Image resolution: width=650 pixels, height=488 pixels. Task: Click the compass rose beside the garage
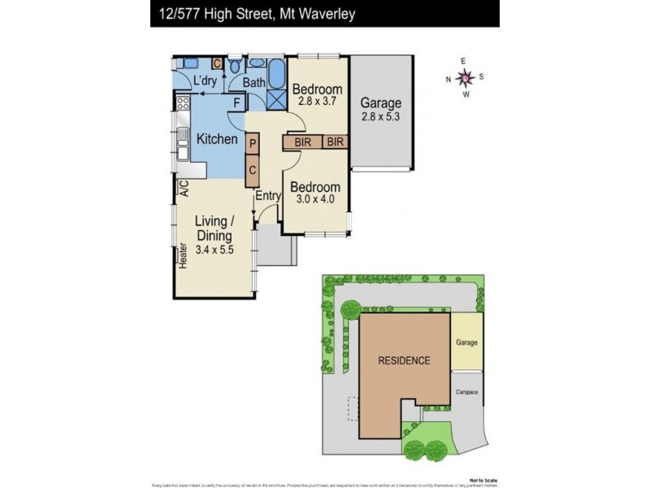pos(465,77)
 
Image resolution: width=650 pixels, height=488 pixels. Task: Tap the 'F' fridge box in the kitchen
pos(237,102)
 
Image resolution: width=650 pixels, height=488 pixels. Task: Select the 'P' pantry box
pos(253,144)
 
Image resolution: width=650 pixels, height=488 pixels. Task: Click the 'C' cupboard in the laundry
pos(217,63)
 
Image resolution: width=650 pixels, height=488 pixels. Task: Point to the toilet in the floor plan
pos(234,65)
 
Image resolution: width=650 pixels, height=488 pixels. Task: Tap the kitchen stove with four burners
pos(183,103)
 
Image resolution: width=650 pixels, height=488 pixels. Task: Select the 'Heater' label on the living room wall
pos(184,256)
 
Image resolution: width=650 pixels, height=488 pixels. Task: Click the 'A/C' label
pos(184,189)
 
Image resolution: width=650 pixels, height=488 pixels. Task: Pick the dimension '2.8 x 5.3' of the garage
pos(381,117)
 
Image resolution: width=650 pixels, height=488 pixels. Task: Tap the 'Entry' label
pos(267,196)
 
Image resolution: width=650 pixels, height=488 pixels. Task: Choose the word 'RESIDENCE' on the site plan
pos(403,360)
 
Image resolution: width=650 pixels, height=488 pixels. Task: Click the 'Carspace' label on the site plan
pos(466,393)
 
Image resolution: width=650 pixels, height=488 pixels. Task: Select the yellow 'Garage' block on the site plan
pos(466,342)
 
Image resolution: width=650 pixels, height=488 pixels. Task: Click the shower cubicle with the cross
pos(276,98)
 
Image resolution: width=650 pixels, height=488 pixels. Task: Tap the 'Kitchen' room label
pos(217,139)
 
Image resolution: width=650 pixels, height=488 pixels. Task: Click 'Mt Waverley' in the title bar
pos(318,14)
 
